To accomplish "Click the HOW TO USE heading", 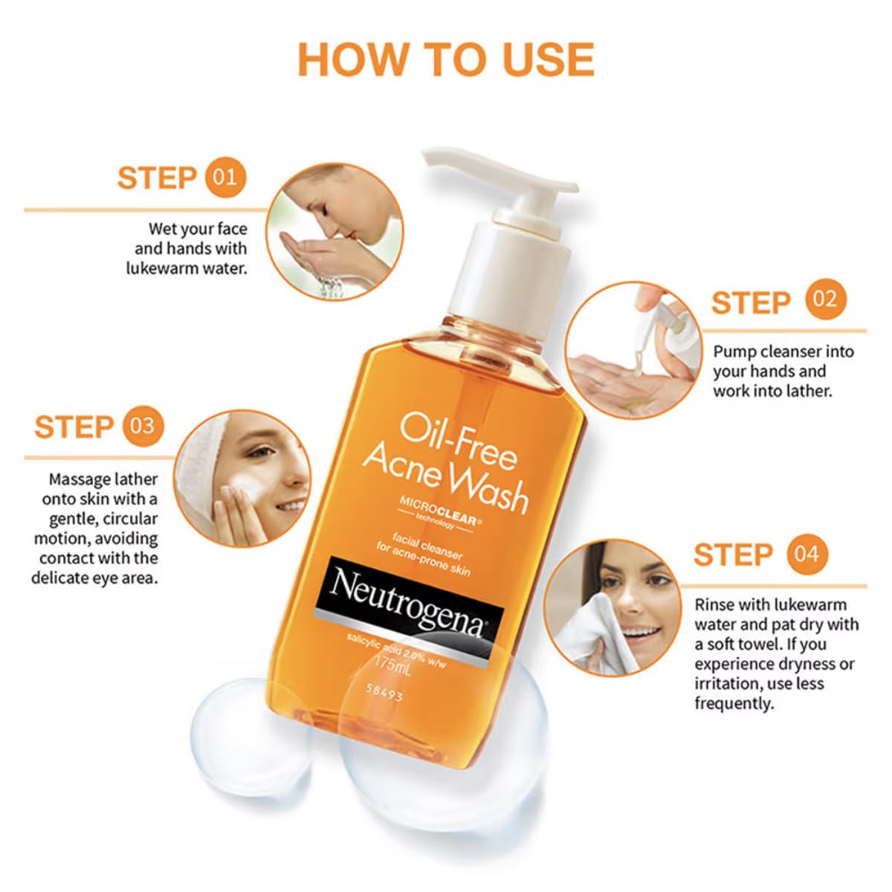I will coord(446,59).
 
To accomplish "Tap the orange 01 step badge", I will coord(224,177).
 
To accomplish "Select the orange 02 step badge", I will coord(825,300).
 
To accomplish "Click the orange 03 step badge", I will coord(142,426).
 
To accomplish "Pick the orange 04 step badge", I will coord(807,554).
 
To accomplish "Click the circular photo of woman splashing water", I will coord(334,232).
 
